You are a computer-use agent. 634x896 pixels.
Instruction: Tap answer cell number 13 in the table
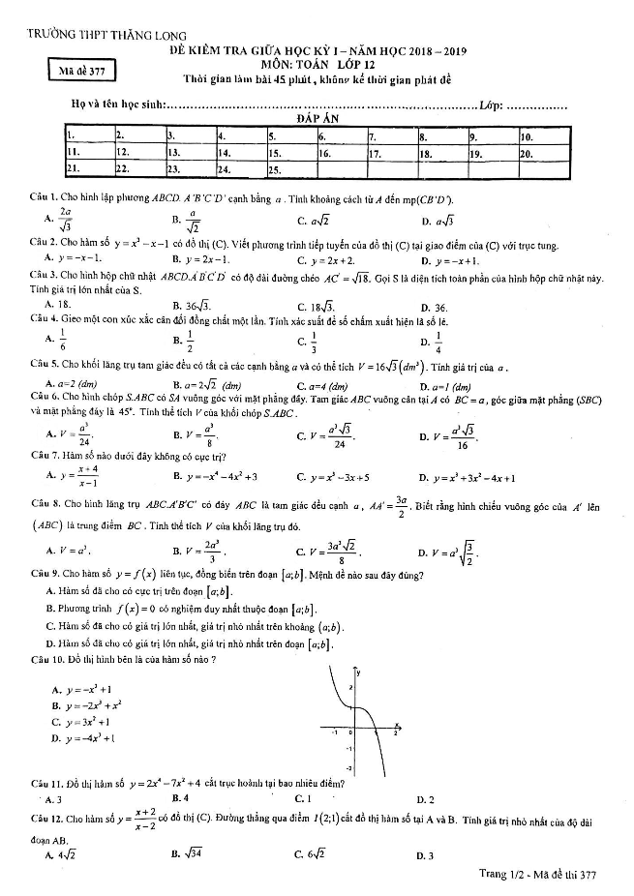[x=189, y=153]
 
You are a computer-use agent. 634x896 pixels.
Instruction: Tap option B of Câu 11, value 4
[x=178, y=799]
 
